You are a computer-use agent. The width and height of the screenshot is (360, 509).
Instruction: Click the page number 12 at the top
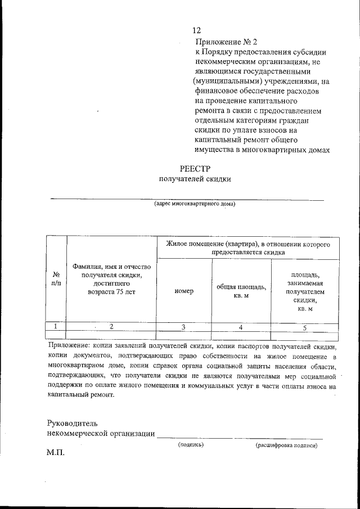(196, 30)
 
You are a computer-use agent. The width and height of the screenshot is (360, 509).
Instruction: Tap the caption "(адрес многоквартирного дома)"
(195, 204)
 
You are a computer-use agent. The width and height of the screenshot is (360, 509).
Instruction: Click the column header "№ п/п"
(56, 279)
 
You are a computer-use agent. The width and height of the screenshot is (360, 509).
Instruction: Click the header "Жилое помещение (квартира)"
(247, 248)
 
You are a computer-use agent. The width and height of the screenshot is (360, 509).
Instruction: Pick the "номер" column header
(184, 291)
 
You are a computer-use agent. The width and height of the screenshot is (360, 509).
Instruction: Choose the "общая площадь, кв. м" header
(241, 291)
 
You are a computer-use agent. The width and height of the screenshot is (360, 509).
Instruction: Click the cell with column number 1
(56, 326)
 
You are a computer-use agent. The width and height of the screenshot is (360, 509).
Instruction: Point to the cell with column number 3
(184, 327)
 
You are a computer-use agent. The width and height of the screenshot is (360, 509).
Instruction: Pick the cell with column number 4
(241, 327)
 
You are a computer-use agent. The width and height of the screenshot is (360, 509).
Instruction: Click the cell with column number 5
(305, 327)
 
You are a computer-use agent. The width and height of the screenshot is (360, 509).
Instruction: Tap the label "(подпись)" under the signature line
(191, 444)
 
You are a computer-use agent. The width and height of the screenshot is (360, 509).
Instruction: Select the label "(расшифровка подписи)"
(286, 445)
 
